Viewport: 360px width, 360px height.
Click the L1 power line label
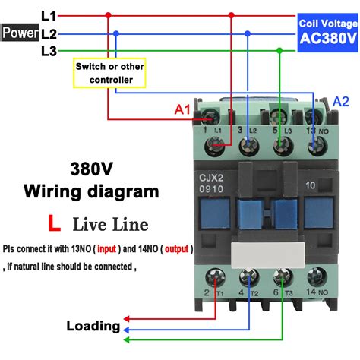[x=48, y=14]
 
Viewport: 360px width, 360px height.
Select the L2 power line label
[x=49, y=33]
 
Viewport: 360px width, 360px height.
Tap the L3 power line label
[x=48, y=51]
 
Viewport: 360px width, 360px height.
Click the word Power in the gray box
[x=19, y=33]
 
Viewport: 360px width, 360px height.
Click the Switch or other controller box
[x=109, y=73]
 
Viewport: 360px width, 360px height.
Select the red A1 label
[x=183, y=110]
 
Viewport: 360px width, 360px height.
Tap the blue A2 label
[x=342, y=102]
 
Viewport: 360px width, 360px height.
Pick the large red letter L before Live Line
[x=54, y=223]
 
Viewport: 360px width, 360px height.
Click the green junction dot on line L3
[x=280, y=51]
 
